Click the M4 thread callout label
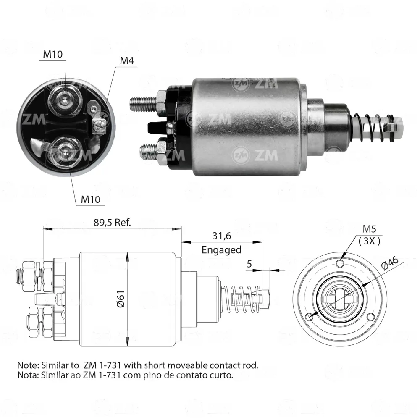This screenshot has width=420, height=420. click(127, 61)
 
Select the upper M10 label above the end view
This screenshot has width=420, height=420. click(53, 54)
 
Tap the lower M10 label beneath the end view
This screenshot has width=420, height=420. click(91, 199)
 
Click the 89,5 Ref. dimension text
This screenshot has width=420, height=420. click(112, 222)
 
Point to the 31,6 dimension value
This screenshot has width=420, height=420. click(221, 236)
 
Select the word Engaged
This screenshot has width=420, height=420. click(221, 249)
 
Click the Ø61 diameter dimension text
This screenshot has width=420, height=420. click(121, 299)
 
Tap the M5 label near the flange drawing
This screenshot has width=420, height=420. click(369, 229)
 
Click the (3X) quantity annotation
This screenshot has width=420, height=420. click(369, 241)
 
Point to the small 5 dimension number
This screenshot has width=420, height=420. click(249, 264)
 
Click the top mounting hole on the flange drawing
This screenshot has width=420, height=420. click(340, 264)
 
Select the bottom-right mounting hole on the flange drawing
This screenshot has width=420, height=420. click(371, 317)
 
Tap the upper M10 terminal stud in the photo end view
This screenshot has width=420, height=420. click(65, 100)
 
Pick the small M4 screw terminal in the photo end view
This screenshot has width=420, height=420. click(98, 125)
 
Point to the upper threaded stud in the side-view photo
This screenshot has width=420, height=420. click(143, 104)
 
